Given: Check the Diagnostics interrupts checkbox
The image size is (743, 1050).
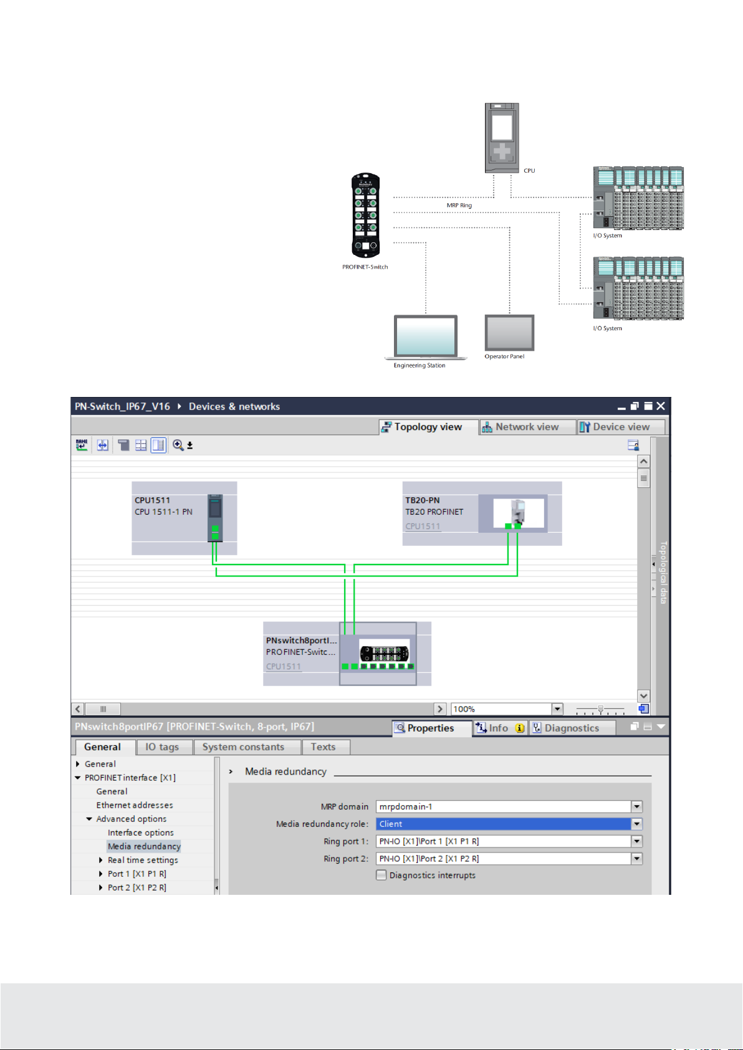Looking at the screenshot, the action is (x=381, y=875).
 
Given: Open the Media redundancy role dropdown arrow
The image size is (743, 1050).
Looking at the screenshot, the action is (x=636, y=824).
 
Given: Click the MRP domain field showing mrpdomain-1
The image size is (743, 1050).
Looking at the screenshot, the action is (x=504, y=807).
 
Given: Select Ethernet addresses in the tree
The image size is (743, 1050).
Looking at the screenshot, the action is (x=135, y=805).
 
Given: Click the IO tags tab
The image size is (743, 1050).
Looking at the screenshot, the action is (x=162, y=747).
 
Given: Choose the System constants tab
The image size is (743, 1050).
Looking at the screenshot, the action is (x=243, y=747).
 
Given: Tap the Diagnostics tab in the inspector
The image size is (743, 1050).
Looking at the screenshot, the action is (x=572, y=728).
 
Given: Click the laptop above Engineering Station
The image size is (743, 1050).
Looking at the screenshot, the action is (x=426, y=337).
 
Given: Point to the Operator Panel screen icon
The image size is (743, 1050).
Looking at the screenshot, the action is (x=509, y=333).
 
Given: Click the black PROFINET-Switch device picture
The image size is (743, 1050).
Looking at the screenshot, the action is (x=366, y=216).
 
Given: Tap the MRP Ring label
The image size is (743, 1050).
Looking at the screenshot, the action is (x=459, y=205).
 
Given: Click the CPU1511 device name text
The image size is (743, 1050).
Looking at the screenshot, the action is (x=152, y=500).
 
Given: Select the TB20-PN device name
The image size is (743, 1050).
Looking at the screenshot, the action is (x=423, y=500).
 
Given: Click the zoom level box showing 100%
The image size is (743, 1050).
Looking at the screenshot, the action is (x=501, y=709).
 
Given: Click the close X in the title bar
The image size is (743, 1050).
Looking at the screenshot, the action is (x=661, y=406).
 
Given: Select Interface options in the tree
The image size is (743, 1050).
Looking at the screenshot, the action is (x=141, y=833).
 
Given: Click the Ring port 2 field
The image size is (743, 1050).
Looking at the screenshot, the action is (x=504, y=859).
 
